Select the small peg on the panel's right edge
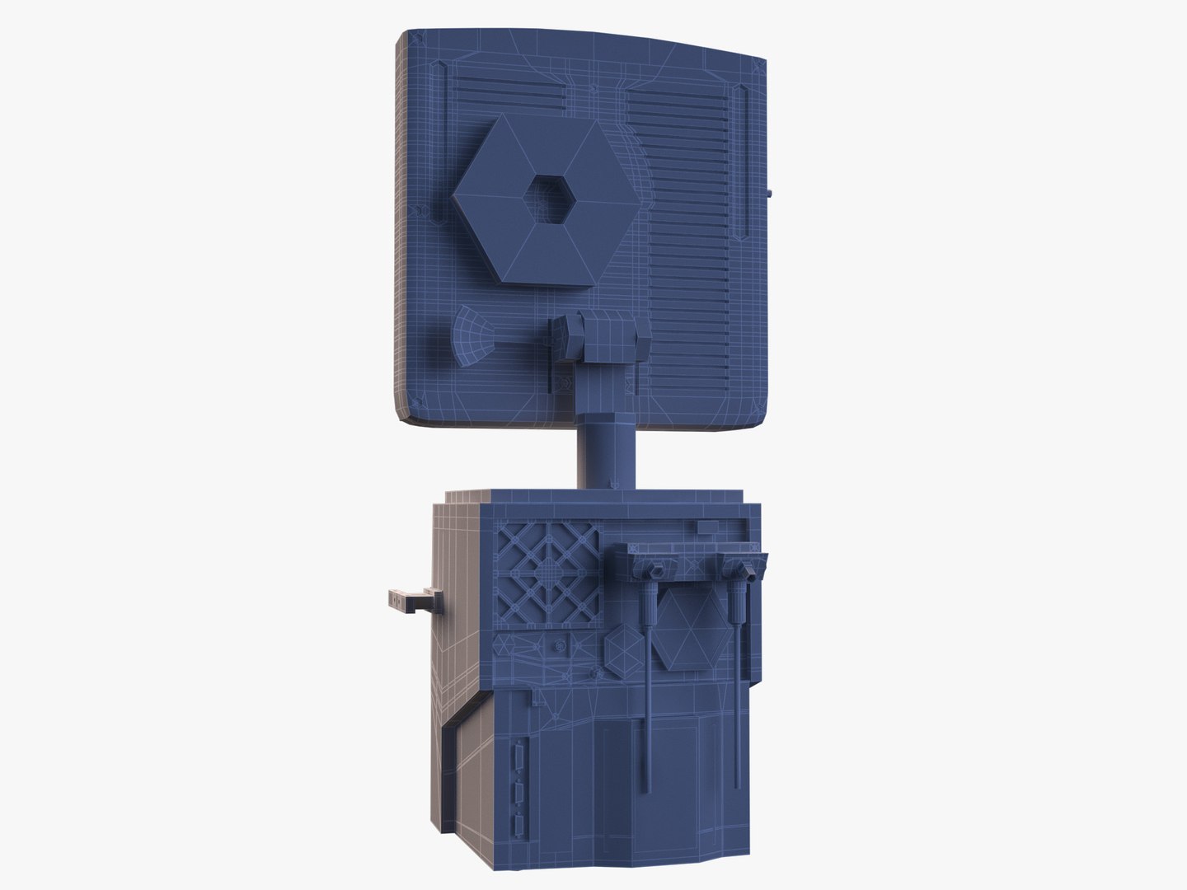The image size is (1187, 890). (x=768, y=194)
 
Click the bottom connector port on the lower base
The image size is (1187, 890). (x=518, y=828)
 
